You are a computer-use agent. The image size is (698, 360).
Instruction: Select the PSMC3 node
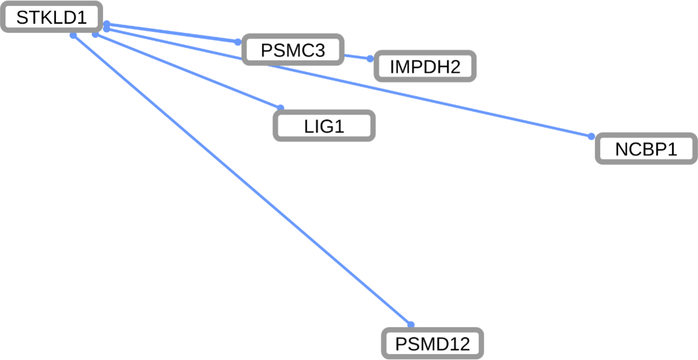[293, 50]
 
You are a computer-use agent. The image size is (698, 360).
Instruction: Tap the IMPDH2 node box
[425, 67]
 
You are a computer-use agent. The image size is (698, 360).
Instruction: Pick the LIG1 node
[324, 126]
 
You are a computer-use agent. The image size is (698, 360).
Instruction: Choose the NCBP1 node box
[646, 149]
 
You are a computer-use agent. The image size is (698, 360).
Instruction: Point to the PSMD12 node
[432, 344]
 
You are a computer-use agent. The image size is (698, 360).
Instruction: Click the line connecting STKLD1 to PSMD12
[242, 180]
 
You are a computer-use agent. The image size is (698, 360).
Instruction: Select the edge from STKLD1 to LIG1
[188, 71]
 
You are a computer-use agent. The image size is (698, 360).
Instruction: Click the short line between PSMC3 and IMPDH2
[356, 56]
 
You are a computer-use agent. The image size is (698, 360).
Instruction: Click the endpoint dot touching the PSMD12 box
[411, 325]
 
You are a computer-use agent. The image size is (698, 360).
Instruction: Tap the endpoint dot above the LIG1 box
[281, 108]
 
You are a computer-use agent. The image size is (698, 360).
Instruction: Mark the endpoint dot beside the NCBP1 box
[591, 136]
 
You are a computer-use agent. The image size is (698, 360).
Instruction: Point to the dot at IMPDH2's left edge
[370, 59]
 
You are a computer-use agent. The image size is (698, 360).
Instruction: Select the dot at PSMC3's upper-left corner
[238, 41]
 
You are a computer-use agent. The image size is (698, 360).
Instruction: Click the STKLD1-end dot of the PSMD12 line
[73, 35]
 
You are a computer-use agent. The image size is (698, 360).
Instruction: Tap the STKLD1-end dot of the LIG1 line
[95, 35]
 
